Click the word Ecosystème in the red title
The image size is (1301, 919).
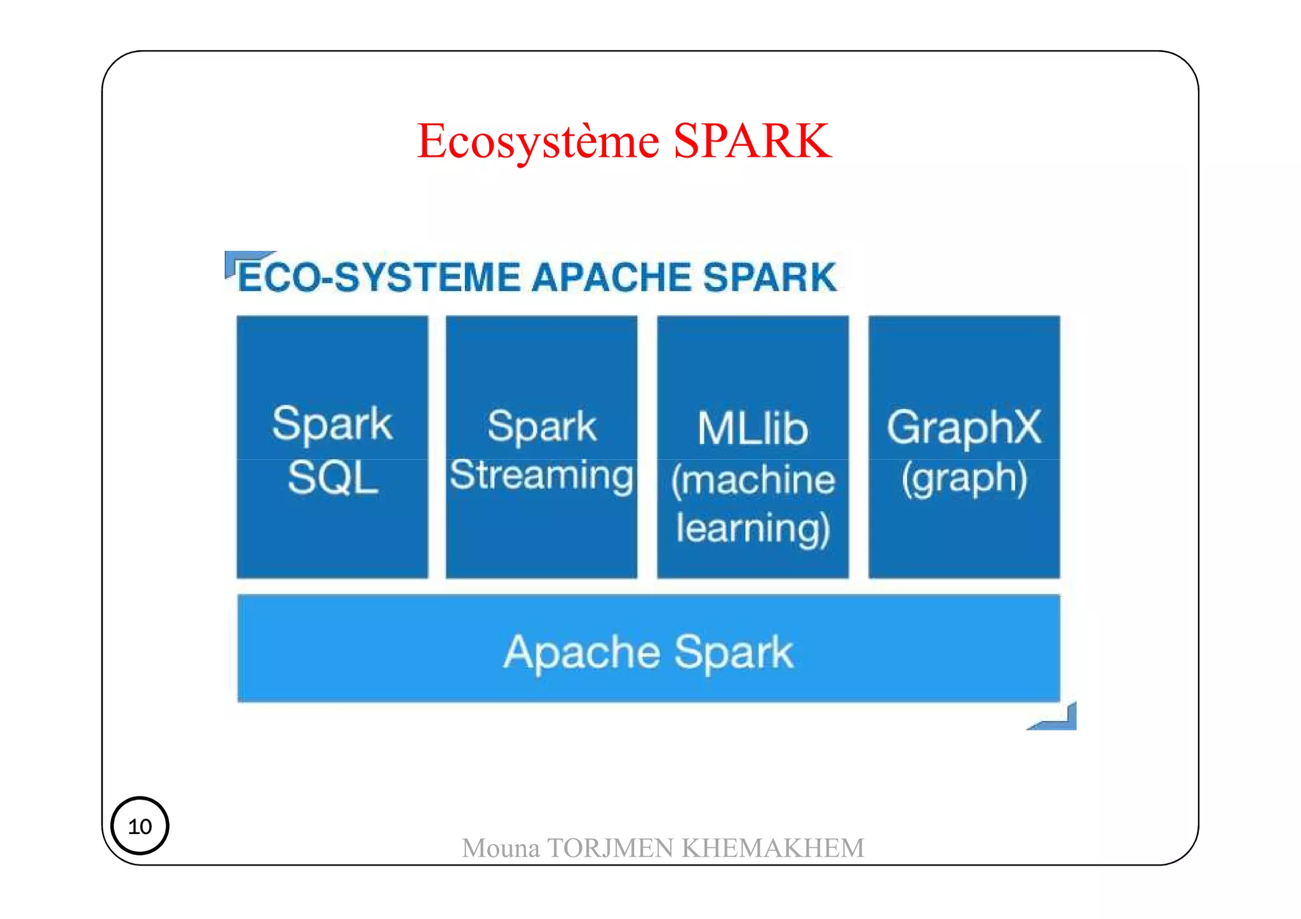point(538,142)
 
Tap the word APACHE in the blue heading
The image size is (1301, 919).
point(612,278)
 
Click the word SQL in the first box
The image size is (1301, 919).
point(333,478)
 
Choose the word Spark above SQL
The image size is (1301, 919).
point(332,424)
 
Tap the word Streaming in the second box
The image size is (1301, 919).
point(542,476)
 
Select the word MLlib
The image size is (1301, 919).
point(753,429)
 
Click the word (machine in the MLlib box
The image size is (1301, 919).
point(753,480)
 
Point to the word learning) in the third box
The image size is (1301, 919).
point(753,529)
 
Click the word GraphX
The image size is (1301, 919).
point(964,427)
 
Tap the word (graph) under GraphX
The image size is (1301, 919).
point(964,478)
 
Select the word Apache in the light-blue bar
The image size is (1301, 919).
point(582,653)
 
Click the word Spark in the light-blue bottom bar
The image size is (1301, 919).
point(734,653)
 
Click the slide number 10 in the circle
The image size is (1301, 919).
point(140,826)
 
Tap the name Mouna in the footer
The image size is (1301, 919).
point(501,849)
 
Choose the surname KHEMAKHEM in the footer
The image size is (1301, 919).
point(773,849)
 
